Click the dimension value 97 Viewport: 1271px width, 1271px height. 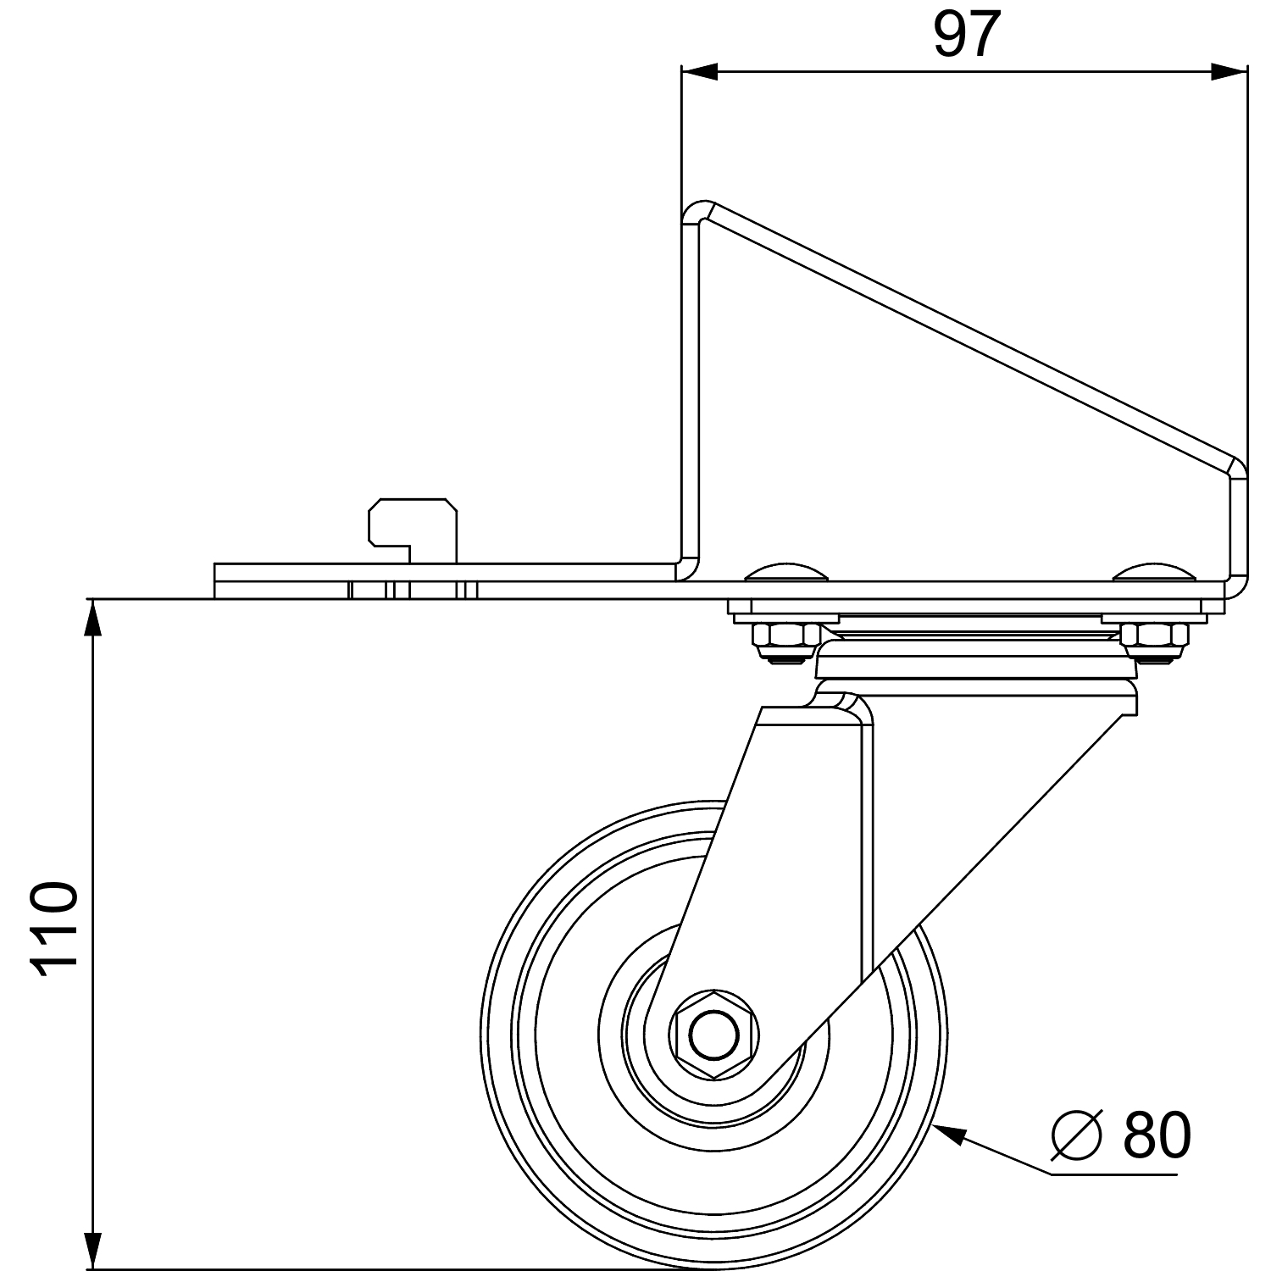pyautogui.click(x=967, y=36)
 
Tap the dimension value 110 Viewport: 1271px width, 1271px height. pyautogui.click(x=53, y=930)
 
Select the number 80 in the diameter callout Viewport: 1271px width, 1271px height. pyautogui.click(x=1157, y=1135)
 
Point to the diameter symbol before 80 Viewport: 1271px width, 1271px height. pyautogui.click(x=1077, y=1135)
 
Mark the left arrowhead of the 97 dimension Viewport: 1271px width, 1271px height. pyautogui.click(x=700, y=73)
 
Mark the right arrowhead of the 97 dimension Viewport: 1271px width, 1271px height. pyautogui.click(x=1229, y=73)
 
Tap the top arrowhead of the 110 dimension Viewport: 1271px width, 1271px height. pyautogui.click(x=92, y=617)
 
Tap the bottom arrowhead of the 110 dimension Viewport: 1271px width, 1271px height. pyautogui.click(x=92, y=1250)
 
